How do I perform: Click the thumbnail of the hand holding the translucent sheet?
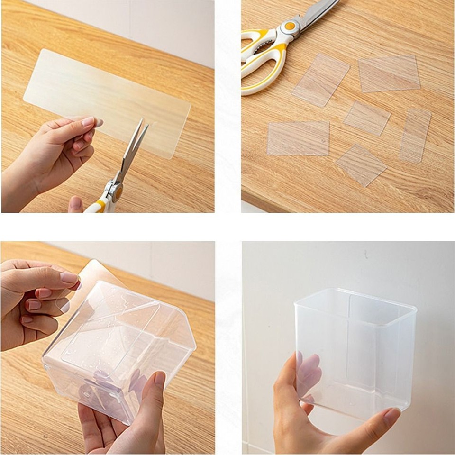point(88,121)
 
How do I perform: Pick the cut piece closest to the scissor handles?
point(320,79)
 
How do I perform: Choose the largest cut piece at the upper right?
point(389,73)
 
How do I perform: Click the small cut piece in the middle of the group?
point(366,118)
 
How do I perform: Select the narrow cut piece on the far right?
point(415,135)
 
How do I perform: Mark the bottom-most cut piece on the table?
point(361,164)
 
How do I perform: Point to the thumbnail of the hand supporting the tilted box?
point(160,379)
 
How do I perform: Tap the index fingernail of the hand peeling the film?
point(70,278)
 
